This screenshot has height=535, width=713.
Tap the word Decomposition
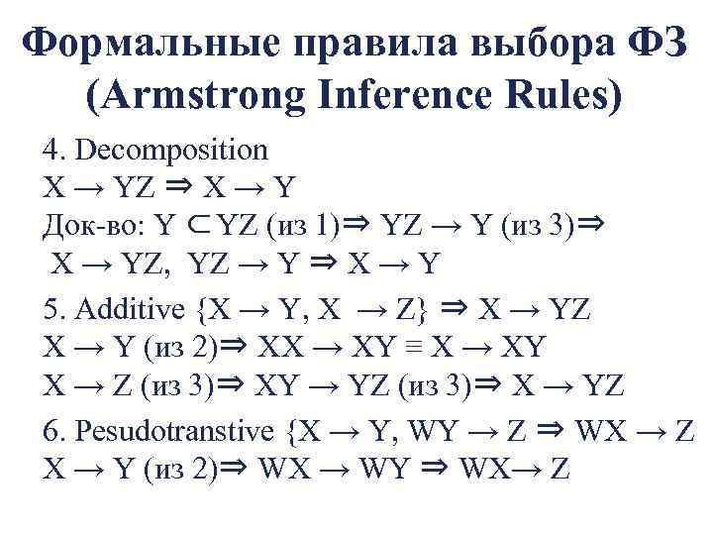coord(171,150)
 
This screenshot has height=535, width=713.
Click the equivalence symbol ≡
coord(420,349)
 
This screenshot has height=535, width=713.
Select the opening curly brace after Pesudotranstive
coord(288,431)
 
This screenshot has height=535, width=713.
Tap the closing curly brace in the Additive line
coord(421,309)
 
